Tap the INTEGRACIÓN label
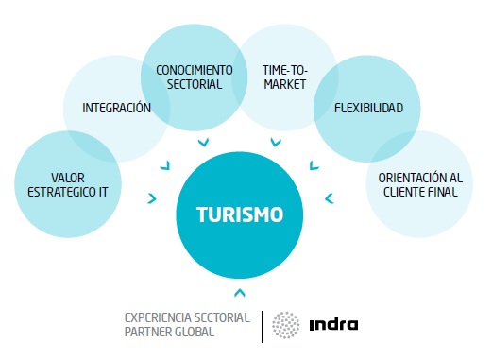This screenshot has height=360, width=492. (x=117, y=109)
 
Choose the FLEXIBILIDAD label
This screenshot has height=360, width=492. (x=369, y=109)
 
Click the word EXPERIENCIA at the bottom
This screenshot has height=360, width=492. (x=160, y=317)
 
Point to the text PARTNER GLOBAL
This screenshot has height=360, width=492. (x=170, y=332)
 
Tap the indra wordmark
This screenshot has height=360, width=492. (x=333, y=326)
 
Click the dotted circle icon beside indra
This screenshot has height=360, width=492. (x=286, y=325)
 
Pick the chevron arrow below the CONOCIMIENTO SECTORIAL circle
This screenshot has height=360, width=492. (x=204, y=143)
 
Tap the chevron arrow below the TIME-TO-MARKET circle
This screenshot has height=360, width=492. (x=276, y=143)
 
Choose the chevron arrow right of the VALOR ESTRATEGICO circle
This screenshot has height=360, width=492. (x=151, y=197)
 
